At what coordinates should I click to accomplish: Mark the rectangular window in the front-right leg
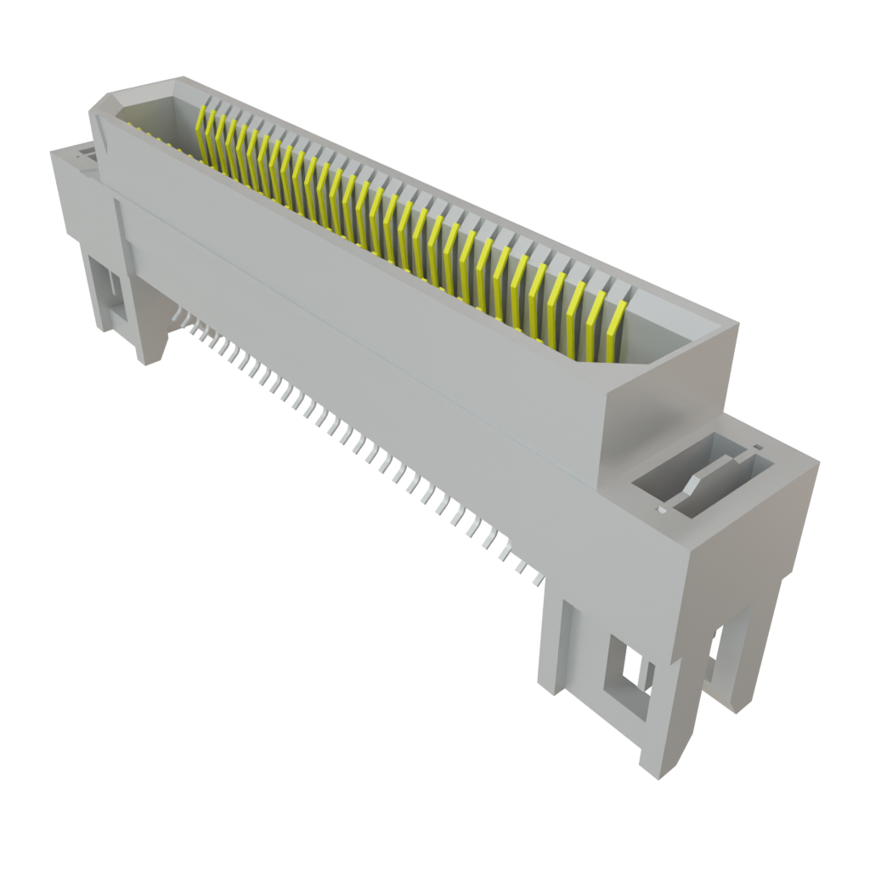pos(627,671)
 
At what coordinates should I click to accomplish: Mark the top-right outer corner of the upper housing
pos(737,324)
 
